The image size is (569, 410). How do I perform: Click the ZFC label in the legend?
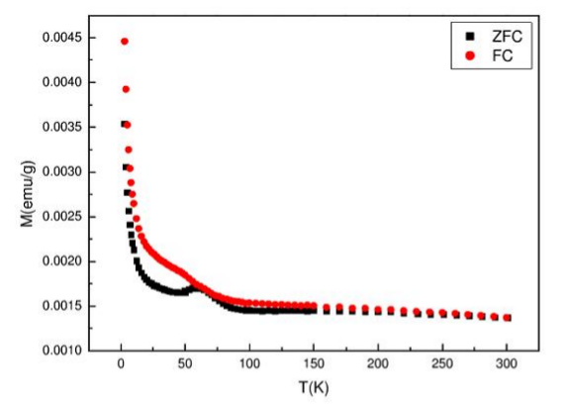[507, 37]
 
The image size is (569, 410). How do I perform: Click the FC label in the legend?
[503, 55]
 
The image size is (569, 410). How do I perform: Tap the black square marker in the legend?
[470, 37]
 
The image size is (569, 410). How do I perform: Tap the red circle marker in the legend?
[470, 55]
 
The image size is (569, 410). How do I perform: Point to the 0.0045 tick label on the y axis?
[62, 38]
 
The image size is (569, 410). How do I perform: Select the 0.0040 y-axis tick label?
[62, 82]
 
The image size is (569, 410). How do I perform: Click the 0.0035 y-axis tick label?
[62, 127]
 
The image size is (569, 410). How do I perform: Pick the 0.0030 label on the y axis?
[62, 171]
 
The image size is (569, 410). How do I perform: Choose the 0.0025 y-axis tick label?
[62, 217]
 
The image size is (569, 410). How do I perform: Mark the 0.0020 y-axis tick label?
[62, 261]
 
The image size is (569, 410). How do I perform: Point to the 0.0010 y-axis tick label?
[62, 351]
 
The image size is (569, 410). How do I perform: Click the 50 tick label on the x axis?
[185, 363]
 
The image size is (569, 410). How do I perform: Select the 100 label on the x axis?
[249, 363]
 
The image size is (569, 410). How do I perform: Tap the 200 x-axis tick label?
[378, 363]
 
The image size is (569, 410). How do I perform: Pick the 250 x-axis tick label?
[442, 363]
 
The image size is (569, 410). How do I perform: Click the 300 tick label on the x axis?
[507, 363]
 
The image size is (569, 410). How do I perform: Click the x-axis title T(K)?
[314, 387]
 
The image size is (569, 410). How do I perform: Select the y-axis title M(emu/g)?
[28, 194]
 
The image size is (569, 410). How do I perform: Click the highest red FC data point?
[125, 42]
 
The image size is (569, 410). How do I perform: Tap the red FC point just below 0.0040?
[126, 89]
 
